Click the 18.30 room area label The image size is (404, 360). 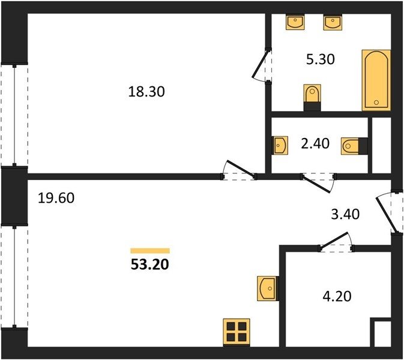pos(146,92)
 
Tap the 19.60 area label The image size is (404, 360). pos(56,198)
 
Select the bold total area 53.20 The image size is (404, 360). pos(149,264)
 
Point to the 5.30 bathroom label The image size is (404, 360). pos(321,59)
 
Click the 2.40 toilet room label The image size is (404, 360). pos(315,143)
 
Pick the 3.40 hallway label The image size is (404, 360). pos(345,214)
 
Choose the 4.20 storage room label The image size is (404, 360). pos(337,296)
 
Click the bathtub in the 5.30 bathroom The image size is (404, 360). pos(376,80)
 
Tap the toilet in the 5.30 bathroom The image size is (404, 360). pos(312,97)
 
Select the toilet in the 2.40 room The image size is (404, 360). pos(354,146)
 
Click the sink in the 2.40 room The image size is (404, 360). pos(280,145)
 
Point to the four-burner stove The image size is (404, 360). pos(237,332)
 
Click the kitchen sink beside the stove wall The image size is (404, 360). pos(268,289)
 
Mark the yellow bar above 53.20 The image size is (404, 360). pos(150,251)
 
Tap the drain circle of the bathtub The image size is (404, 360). pos(376,103)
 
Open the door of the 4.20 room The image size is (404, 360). pos(334,240)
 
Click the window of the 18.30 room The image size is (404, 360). pos(14,115)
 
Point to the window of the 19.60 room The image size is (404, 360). pos(14,277)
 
